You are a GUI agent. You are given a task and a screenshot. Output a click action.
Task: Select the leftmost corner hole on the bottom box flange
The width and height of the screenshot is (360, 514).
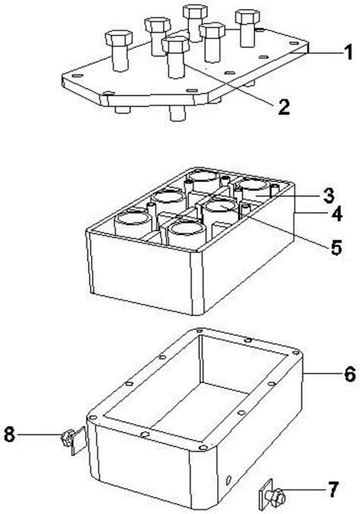click(93, 418)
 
